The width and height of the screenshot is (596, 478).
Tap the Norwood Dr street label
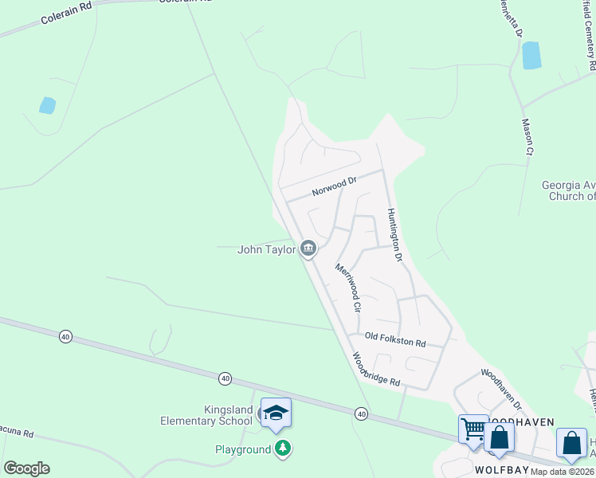click(x=334, y=186)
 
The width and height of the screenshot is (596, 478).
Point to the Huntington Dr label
click(x=395, y=236)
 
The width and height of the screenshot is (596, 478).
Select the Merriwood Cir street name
click(x=348, y=288)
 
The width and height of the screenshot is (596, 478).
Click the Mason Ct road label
click(x=527, y=136)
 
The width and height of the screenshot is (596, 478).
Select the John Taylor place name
click(x=267, y=249)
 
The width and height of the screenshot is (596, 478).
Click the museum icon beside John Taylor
click(x=308, y=249)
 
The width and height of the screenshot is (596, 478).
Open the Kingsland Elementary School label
click(x=206, y=415)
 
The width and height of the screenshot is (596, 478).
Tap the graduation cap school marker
click(x=276, y=412)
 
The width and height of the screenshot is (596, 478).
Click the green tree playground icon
click(x=282, y=449)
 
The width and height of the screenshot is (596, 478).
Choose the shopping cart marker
click(x=472, y=429)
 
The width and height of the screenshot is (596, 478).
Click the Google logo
click(x=26, y=468)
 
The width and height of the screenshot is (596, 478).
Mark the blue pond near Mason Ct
click(x=531, y=55)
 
